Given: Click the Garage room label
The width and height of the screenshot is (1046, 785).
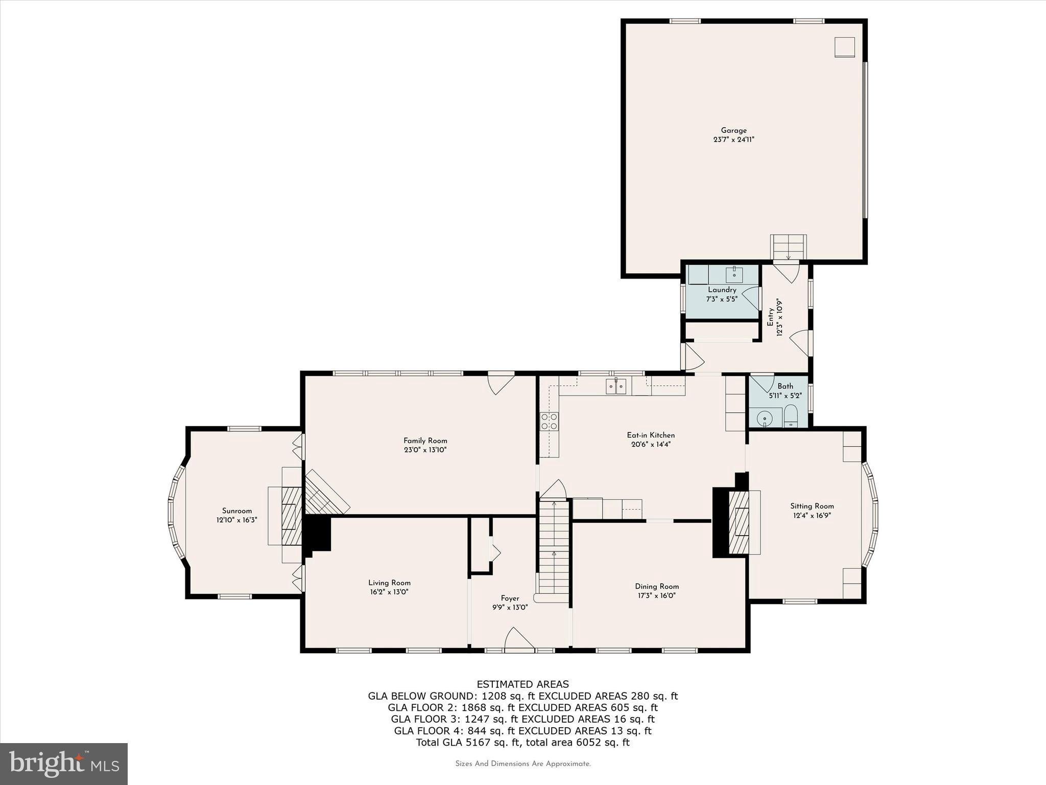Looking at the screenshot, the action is point(733,130).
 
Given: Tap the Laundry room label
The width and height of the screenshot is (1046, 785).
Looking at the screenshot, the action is point(722,290).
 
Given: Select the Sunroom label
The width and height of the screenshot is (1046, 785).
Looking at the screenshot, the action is point(237,511).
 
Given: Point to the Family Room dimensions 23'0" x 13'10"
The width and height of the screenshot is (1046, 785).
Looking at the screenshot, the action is point(425,450).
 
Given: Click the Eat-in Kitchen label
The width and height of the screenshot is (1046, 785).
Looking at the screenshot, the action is point(651,435).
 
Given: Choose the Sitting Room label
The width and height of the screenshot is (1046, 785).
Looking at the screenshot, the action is point(812,506).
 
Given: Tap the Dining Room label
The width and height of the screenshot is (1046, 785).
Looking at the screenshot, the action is point(657,586).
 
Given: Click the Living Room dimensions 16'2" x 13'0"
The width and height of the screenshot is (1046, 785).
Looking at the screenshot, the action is point(390,592).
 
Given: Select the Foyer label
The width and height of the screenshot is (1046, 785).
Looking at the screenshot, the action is point(510,598).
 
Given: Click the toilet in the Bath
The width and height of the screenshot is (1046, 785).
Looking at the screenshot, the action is point(790,416).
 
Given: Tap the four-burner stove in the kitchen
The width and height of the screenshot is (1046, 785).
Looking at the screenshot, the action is point(550,421).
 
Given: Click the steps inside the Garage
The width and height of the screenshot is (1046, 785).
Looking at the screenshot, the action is point(789,247).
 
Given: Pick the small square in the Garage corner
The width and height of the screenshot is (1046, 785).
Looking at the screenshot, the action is point(845,47).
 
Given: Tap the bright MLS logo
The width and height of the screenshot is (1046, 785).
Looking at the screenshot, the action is point(64,764).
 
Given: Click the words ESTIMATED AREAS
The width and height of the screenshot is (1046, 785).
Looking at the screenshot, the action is point(522,684).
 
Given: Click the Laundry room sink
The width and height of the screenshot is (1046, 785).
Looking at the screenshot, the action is point(734,274).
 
